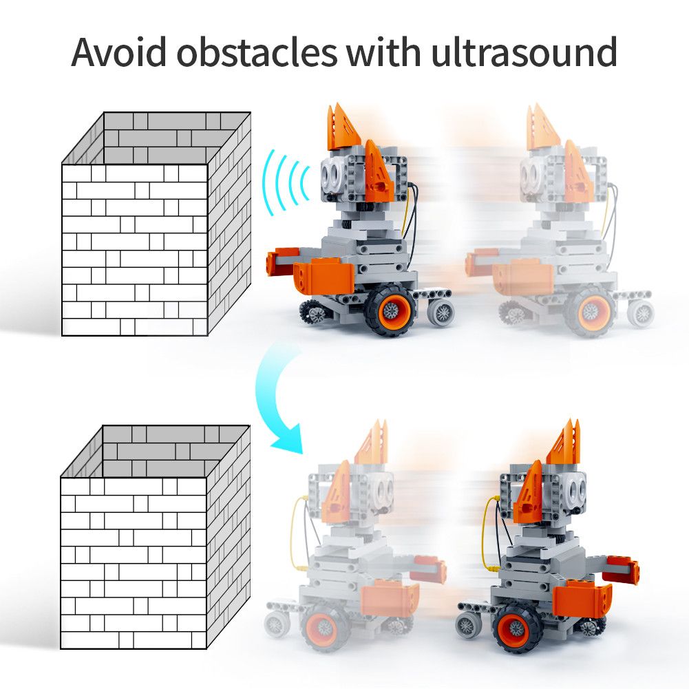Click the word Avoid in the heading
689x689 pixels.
[118, 52]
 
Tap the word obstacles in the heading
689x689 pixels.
[257, 52]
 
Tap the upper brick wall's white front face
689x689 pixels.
[134, 250]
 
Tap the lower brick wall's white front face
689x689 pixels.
[134, 562]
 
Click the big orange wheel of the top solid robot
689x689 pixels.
[390, 310]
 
